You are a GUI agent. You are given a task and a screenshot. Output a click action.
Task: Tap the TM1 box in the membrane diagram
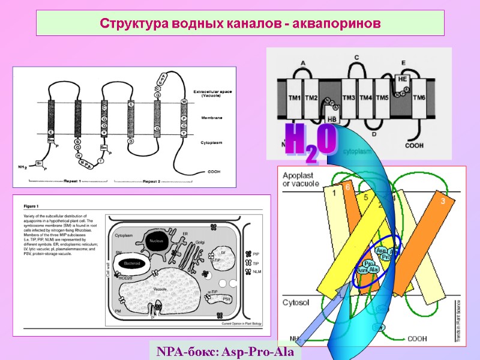point(294,98)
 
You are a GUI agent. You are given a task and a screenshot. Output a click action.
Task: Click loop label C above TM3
point(356,58)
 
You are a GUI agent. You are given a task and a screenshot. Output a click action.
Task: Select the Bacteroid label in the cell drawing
point(128,263)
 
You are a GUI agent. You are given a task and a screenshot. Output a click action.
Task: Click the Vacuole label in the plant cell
point(160,289)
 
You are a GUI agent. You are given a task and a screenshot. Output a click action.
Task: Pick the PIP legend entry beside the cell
point(256,254)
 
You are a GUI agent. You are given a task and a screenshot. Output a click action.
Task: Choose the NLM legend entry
point(257,272)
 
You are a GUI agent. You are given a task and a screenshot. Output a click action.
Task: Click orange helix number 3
point(443,202)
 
